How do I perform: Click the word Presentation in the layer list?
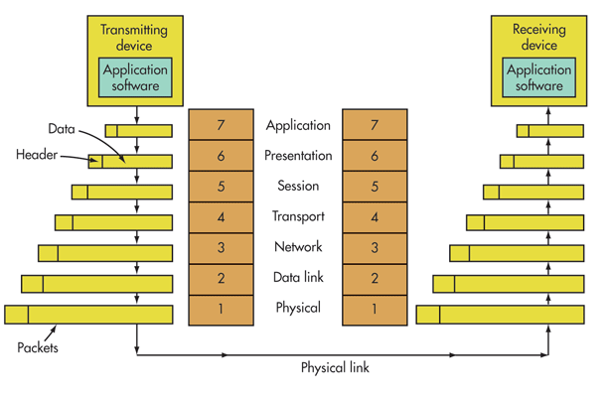pos(298,156)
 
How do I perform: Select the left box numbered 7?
pos(221,125)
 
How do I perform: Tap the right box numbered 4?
pos(374,216)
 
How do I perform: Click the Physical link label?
pos(336,366)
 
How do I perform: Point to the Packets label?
pos(39,348)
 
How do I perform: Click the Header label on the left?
pos(38,156)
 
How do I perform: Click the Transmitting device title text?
pos(135,37)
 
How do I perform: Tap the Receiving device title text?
pos(538,37)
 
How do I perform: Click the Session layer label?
pos(298,186)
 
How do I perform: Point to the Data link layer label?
pos(298,278)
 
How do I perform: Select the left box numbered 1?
pos(221,309)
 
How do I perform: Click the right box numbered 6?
pos(374,156)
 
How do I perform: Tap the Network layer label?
pos(298,247)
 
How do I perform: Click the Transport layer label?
pos(298,216)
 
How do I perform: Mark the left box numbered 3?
pos(221,247)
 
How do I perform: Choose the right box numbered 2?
pos(374,278)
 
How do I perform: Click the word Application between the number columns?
pos(298,125)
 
